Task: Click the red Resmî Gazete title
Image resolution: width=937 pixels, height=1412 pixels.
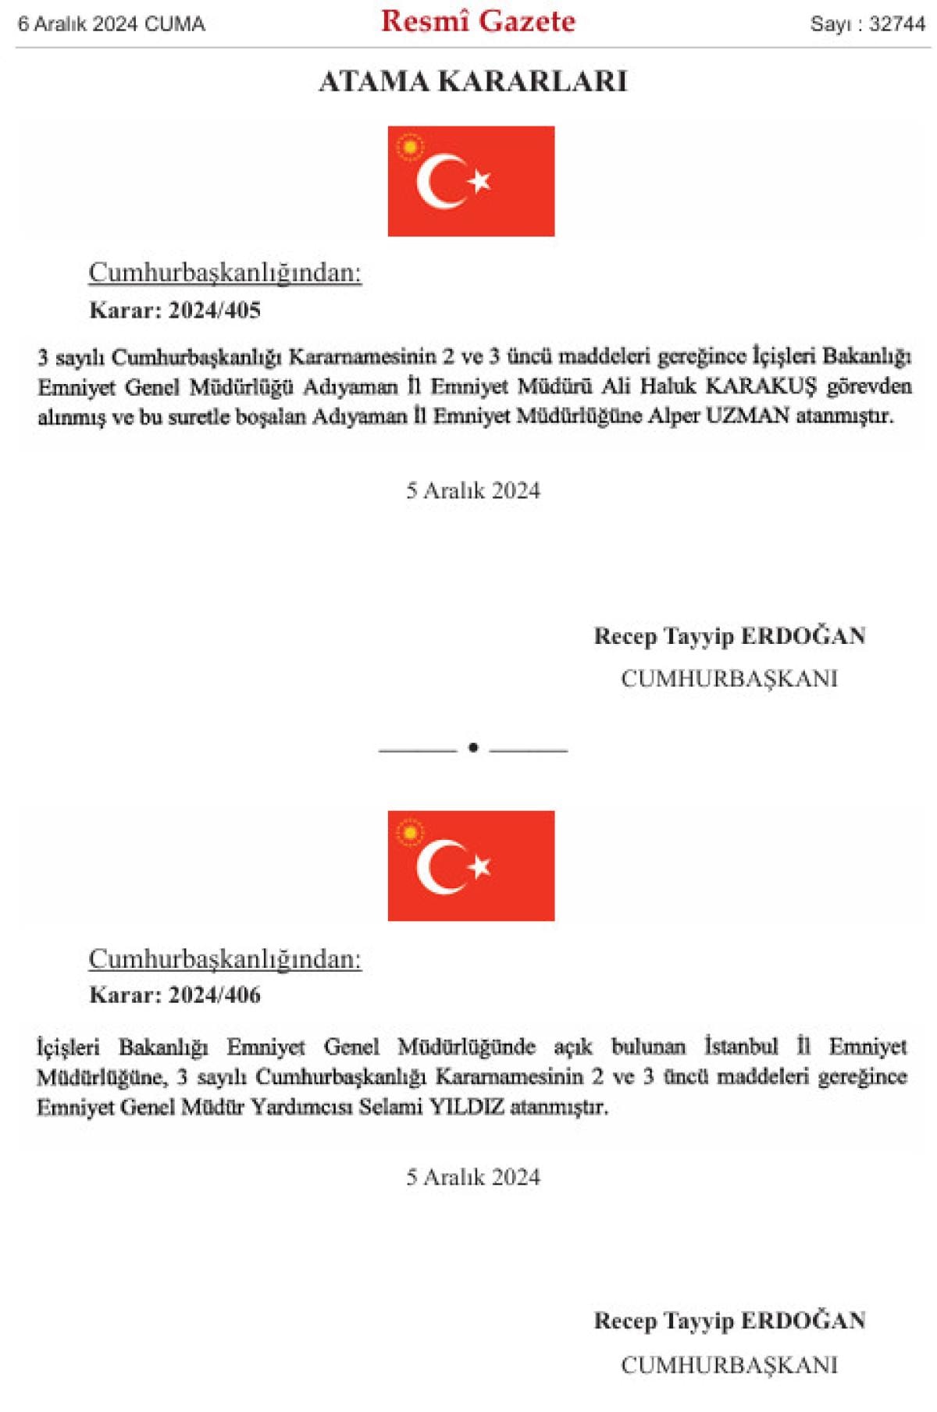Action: tap(478, 22)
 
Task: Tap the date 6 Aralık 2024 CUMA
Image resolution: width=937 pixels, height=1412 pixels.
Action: tap(111, 24)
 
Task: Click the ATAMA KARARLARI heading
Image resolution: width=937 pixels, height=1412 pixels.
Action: tap(472, 81)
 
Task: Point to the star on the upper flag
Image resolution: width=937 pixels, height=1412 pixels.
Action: tap(479, 181)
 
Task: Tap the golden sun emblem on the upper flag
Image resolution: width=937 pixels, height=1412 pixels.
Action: tap(409, 148)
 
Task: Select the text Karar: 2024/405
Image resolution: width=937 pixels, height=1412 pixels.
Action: tap(175, 310)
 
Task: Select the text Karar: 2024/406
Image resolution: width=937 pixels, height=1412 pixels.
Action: tap(175, 994)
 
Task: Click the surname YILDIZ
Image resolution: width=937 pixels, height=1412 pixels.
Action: tap(467, 1106)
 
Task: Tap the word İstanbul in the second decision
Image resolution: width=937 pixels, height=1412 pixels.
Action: tap(741, 1046)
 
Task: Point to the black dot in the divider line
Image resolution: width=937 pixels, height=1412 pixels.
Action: tap(472, 748)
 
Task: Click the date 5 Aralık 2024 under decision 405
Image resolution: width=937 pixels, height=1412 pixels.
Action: tap(472, 490)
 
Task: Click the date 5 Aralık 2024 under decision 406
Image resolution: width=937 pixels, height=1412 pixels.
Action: tap(472, 1176)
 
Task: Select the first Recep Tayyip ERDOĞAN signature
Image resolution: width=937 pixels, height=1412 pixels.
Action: tap(729, 636)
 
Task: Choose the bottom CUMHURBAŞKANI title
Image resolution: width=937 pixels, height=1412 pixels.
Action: tap(729, 1364)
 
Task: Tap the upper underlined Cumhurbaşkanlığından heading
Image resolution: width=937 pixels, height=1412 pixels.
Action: tap(225, 272)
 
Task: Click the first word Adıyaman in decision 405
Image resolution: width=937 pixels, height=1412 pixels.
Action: tap(350, 386)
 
